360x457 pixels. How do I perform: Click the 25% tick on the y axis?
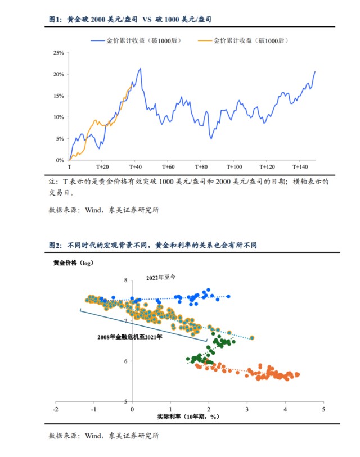[58, 53]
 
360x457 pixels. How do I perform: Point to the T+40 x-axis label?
[136, 167]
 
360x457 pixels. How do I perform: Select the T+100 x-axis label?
[234, 167]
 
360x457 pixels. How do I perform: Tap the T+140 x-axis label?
[300, 167]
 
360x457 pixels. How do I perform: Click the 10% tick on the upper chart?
[58, 117]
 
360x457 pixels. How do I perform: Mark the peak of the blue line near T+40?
[140, 69]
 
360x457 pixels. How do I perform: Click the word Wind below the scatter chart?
[89, 435]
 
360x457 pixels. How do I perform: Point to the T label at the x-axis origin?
[69, 167]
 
